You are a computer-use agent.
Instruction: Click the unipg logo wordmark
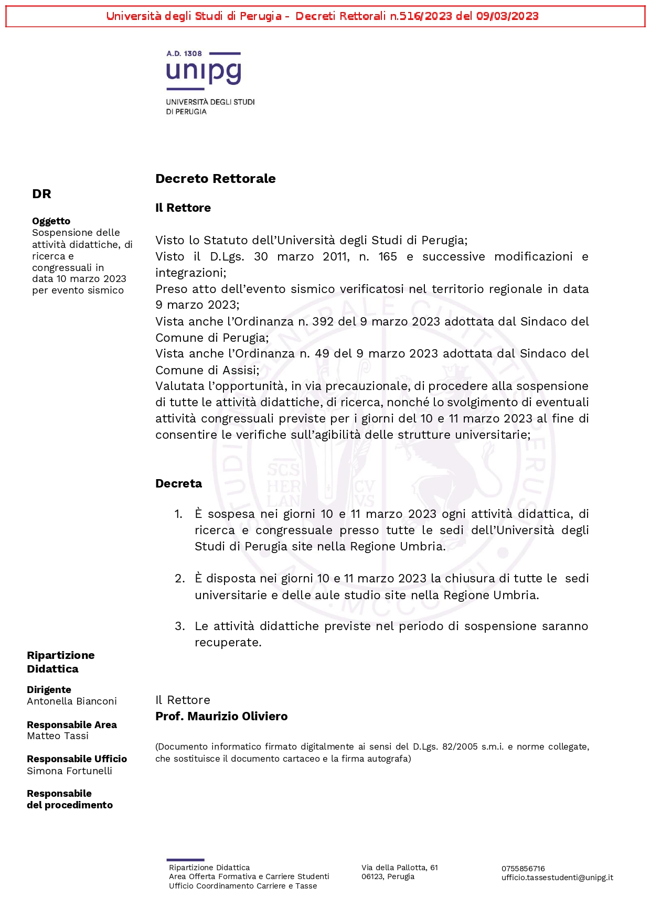pyautogui.click(x=204, y=72)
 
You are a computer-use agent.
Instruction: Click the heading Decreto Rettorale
pyautogui.click(x=215, y=179)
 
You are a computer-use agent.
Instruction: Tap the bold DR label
pyautogui.click(x=41, y=194)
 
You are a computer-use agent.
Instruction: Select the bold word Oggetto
pyautogui.click(x=51, y=221)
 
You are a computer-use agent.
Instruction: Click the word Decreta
pyautogui.click(x=178, y=483)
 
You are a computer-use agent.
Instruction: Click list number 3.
pyautogui.click(x=179, y=626)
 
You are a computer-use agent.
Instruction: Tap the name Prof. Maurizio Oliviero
pyautogui.click(x=221, y=716)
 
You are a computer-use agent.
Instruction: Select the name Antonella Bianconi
pyautogui.click(x=72, y=701)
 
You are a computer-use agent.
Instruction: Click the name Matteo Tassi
pyautogui.click(x=58, y=736)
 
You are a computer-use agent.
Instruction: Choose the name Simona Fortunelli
pyautogui.click(x=69, y=771)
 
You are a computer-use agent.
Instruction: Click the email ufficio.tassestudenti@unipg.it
pyautogui.click(x=557, y=878)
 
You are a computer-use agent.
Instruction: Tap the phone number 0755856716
pyautogui.click(x=523, y=869)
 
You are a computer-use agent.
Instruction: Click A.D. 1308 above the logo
pyautogui.click(x=184, y=53)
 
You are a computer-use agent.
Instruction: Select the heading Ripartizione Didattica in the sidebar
pyautogui.click(x=60, y=662)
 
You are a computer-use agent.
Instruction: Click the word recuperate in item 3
pyautogui.click(x=228, y=643)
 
